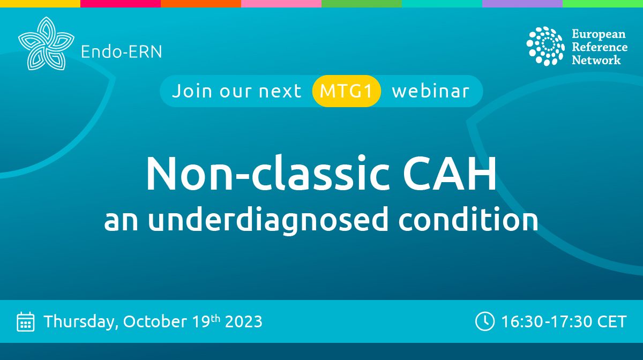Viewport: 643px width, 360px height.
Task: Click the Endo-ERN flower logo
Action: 46,43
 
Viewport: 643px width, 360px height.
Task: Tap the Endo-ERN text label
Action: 121,52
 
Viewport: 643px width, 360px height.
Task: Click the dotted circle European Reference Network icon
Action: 545,46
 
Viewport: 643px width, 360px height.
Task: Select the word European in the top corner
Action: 598,34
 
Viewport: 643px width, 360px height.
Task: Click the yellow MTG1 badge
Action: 346,91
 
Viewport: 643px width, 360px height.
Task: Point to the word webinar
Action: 430,91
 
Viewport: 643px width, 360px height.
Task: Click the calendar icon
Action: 26,321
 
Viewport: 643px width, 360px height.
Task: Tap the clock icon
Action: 484,321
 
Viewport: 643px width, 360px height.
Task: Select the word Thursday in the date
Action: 81,321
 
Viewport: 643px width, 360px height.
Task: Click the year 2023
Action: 244,321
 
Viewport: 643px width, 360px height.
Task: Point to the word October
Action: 157,321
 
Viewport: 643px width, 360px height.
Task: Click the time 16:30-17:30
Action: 543,321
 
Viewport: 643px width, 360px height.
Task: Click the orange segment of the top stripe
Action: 201,3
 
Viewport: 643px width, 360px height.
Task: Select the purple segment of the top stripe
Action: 522,3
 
